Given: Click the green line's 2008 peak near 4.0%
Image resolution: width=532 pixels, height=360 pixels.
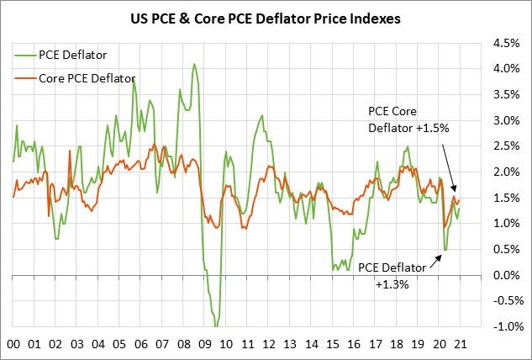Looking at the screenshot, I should pyautogui.click(x=194, y=64).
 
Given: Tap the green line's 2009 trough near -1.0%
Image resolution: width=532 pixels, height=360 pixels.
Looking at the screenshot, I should pyautogui.click(x=216, y=326).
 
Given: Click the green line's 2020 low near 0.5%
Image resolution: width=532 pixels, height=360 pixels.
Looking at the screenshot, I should pyautogui.click(x=445, y=250).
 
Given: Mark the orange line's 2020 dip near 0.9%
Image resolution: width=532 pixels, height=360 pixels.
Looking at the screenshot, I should pyautogui.click(x=443, y=228).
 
